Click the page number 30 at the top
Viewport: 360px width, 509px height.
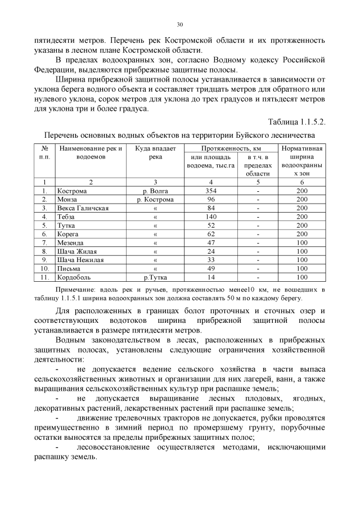(180, 25)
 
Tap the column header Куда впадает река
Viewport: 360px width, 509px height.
(155, 152)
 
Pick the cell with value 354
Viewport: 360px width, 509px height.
(211, 191)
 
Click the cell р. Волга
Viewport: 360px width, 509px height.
(155, 191)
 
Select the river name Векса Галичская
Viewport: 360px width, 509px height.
(82, 208)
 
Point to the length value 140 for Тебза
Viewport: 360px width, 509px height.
(211, 217)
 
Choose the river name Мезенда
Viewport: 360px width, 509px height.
(70, 242)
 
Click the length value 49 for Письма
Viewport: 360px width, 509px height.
(211, 268)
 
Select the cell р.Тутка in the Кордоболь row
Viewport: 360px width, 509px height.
(155, 277)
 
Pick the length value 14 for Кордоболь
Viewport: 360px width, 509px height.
(211, 277)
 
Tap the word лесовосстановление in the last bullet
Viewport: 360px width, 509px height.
(118, 447)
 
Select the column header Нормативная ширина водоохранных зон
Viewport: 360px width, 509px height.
(302, 161)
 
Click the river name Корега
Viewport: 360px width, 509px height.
(68, 234)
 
